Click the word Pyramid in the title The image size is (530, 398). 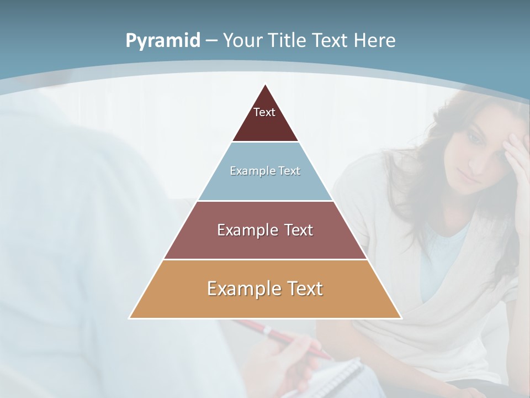point(162,41)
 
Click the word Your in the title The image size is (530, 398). point(243,40)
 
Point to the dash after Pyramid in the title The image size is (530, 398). point(211,41)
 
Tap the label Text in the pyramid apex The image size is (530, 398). point(264,112)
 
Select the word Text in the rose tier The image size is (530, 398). point(295,230)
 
